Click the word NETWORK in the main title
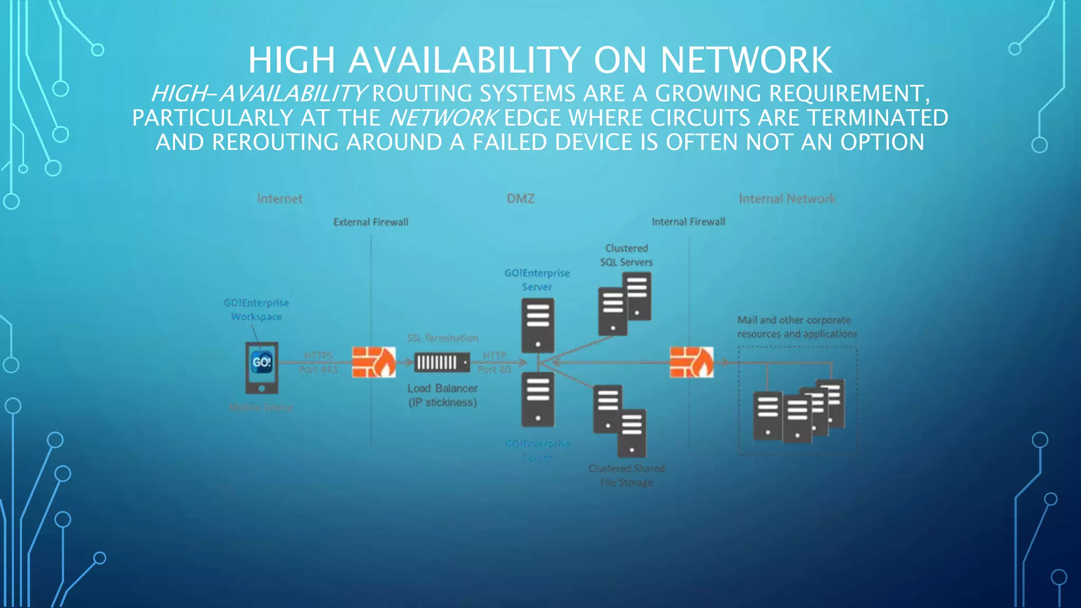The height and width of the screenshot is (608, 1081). (x=746, y=60)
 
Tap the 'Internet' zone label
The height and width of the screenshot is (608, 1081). (x=280, y=199)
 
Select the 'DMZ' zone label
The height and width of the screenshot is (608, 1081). (x=520, y=199)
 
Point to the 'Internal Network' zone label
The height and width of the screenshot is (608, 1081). (x=786, y=199)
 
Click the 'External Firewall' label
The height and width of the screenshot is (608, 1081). (x=371, y=222)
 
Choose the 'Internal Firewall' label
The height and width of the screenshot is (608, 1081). (x=688, y=222)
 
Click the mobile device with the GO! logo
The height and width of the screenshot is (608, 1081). (x=262, y=367)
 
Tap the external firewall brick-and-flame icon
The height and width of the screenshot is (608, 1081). (x=374, y=362)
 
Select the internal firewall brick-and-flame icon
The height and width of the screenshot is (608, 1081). (x=691, y=362)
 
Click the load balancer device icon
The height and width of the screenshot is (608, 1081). (x=442, y=363)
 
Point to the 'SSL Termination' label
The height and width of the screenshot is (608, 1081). (x=442, y=338)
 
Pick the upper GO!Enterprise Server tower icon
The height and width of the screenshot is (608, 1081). (x=537, y=325)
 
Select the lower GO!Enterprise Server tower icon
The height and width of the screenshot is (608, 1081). (x=537, y=400)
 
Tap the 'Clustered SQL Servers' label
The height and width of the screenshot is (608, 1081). (x=627, y=255)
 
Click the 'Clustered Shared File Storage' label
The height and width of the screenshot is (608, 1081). (x=627, y=476)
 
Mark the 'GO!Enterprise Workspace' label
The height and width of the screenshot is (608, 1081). (x=257, y=310)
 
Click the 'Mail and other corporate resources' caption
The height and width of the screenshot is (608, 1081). (x=797, y=327)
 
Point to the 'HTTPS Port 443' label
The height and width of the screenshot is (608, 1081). (x=318, y=363)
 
